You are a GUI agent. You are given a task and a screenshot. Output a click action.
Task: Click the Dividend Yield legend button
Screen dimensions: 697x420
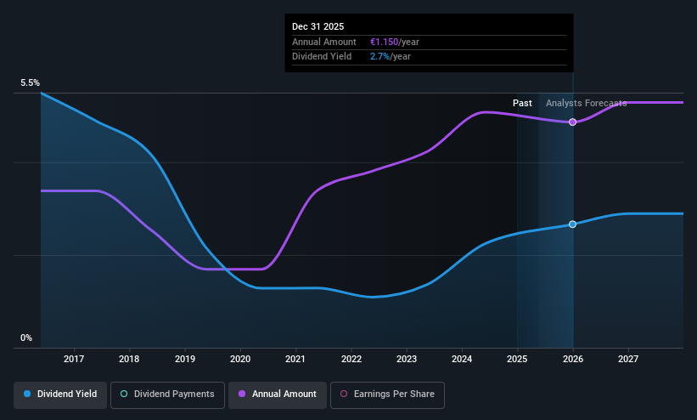coord(60,394)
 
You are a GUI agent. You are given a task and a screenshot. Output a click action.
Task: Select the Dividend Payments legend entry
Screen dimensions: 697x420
coord(167,394)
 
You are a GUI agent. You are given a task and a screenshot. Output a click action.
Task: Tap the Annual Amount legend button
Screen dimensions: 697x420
coord(278,394)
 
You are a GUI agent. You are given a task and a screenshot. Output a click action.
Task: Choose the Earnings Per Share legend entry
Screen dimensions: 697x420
coord(387,394)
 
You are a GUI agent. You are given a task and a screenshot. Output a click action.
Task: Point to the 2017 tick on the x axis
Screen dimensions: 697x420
coord(74,359)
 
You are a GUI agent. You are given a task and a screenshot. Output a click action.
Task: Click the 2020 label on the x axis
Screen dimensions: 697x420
coord(240,359)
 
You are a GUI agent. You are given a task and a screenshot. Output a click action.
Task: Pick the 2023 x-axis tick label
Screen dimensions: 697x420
coord(407,359)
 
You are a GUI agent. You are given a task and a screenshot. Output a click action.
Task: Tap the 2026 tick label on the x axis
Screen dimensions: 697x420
coord(573,359)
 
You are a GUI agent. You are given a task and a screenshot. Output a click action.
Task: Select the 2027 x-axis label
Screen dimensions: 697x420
coord(628,359)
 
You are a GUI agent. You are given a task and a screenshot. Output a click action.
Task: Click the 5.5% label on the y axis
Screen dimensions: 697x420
coord(30,82)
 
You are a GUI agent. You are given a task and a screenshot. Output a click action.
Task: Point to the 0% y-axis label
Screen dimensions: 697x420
coord(26,338)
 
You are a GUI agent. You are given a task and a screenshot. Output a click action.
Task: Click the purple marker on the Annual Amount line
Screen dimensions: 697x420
coord(572,122)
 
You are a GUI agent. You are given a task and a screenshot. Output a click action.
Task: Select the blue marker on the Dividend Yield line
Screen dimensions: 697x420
coord(572,224)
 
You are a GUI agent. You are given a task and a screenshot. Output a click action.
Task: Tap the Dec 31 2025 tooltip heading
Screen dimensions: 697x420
coord(318,26)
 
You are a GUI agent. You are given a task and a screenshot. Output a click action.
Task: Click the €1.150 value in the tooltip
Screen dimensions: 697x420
coord(384,42)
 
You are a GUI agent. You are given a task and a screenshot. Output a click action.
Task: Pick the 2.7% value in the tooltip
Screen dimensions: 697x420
coord(379,57)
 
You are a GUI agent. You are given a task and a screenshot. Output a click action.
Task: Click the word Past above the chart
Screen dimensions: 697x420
coord(522,104)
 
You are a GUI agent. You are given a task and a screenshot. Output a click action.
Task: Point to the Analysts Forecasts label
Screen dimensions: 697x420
coord(587,104)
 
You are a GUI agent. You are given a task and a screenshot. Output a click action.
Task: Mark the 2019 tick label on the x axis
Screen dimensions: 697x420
coord(185,359)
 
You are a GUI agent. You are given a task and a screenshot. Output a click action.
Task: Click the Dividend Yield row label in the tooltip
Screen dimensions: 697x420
coord(322,57)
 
